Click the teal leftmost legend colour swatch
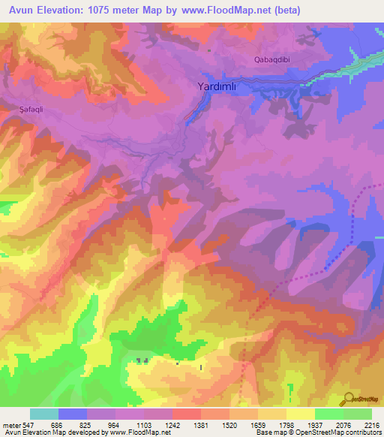pyautogui.click(x=44, y=414)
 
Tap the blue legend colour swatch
pyautogui.click(x=73, y=414)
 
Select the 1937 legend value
pyautogui.click(x=315, y=425)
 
